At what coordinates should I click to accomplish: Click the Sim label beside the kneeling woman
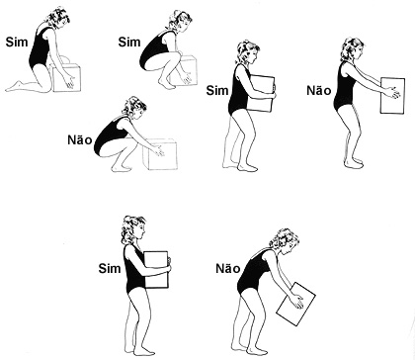coord(17,42)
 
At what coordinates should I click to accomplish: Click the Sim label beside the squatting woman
coord(129,42)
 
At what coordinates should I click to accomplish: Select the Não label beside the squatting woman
coord(80,139)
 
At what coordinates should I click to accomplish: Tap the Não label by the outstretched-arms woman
coord(318,90)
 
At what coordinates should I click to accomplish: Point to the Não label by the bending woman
coord(228,268)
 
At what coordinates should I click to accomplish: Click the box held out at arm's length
coord(392,96)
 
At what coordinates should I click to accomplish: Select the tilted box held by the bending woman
coord(295,304)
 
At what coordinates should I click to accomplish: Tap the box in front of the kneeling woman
coord(67,77)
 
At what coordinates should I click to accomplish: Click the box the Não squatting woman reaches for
coord(162,154)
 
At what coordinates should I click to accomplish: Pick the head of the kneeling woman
coord(57,18)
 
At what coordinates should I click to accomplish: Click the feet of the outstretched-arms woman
coord(354,163)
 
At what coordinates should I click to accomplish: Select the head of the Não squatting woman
coord(134,106)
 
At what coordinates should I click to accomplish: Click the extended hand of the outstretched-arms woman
coord(393,93)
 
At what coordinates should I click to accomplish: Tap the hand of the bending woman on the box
coord(296,301)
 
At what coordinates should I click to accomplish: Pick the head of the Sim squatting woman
coord(180,21)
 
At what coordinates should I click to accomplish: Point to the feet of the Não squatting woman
coord(121,168)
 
